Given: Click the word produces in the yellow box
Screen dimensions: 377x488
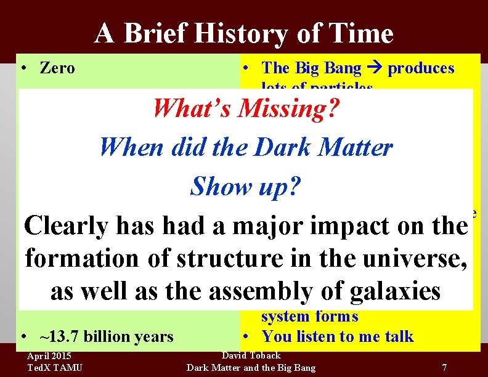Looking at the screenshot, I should coord(421,68).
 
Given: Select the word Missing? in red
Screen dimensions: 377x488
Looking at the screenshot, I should coord(288,108).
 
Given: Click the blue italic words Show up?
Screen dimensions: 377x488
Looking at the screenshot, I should coord(245,185).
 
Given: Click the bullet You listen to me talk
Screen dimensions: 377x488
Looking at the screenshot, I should coord(337,336).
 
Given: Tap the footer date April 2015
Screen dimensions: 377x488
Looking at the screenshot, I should coord(49,356).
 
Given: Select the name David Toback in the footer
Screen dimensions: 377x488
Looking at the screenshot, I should coord(251,355).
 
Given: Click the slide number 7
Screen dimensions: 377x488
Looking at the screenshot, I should coord(444,368).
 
